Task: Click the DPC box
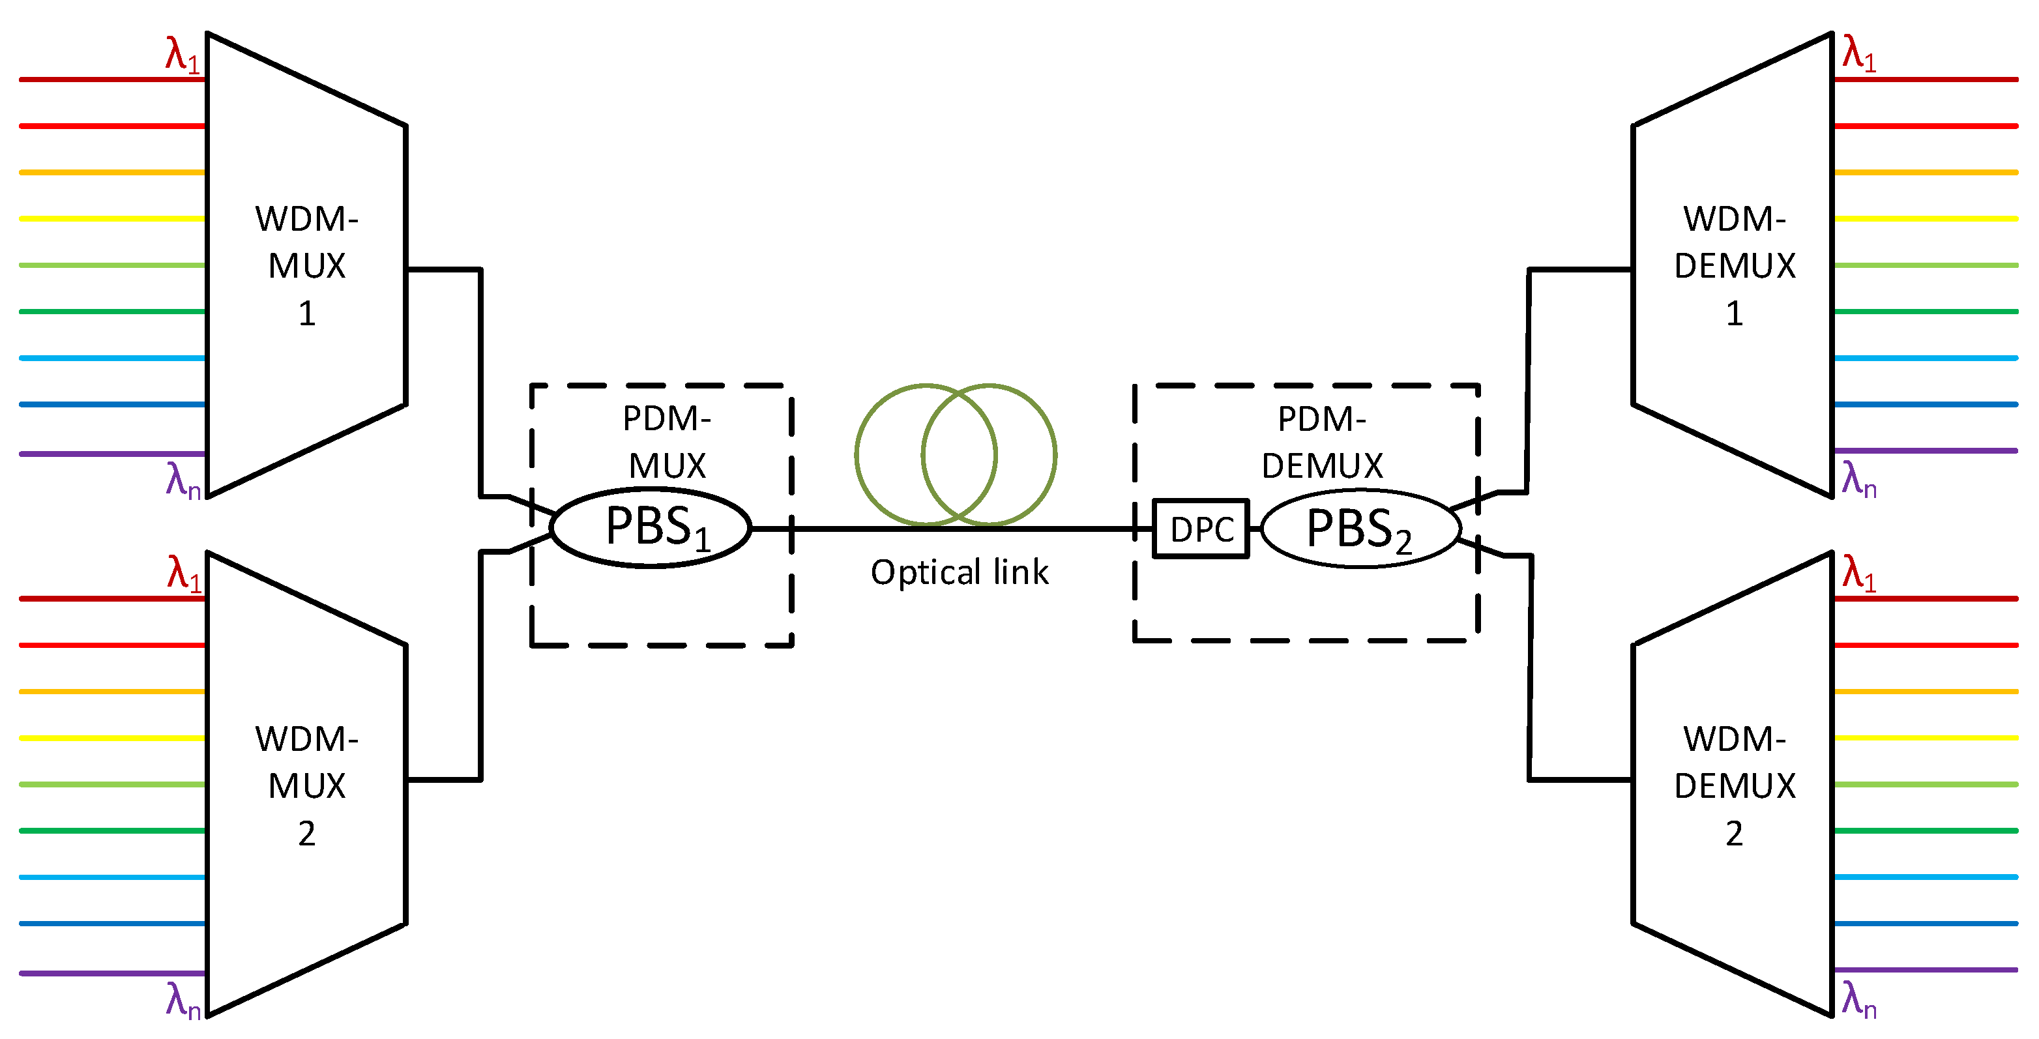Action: click(1200, 529)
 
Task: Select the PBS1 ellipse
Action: click(650, 527)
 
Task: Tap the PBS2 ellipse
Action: click(1360, 529)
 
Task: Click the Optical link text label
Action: click(960, 572)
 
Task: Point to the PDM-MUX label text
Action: click(666, 441)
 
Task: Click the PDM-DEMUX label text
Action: click(1322, 441)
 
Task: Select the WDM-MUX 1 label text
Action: click(306, 265)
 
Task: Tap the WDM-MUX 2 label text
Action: click(306, 785)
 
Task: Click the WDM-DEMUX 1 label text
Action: click(1734, 265)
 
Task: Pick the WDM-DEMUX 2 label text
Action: click(1734, 785)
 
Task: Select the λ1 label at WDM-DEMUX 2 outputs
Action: click(1858, 573)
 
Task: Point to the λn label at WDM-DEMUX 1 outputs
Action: click(1858, 480)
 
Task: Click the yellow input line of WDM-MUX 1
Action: click(111, 218)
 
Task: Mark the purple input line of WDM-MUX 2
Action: click(111, 973)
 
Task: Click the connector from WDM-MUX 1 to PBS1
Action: click(480, 380)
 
